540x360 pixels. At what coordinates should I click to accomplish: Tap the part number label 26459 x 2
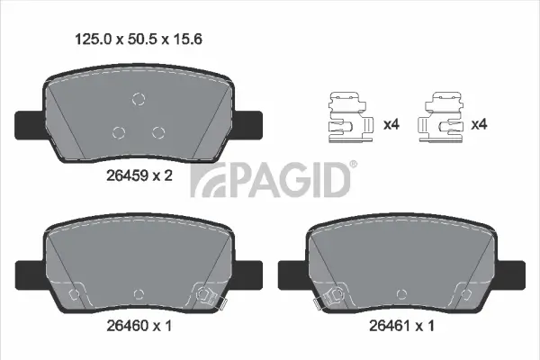[140, 175]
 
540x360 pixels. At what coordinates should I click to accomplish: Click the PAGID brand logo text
[270, 179]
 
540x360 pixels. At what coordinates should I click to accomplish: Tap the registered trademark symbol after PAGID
[352, 164]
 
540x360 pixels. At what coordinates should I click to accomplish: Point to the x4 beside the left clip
[391, 124]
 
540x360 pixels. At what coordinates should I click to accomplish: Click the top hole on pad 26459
[138, 99]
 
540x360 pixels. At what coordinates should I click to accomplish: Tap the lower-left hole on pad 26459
[118, 132]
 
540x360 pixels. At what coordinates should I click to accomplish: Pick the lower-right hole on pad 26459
[158, 132]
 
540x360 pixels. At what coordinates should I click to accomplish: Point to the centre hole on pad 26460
[138, 292]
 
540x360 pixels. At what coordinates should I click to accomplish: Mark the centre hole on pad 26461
[400, 292]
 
